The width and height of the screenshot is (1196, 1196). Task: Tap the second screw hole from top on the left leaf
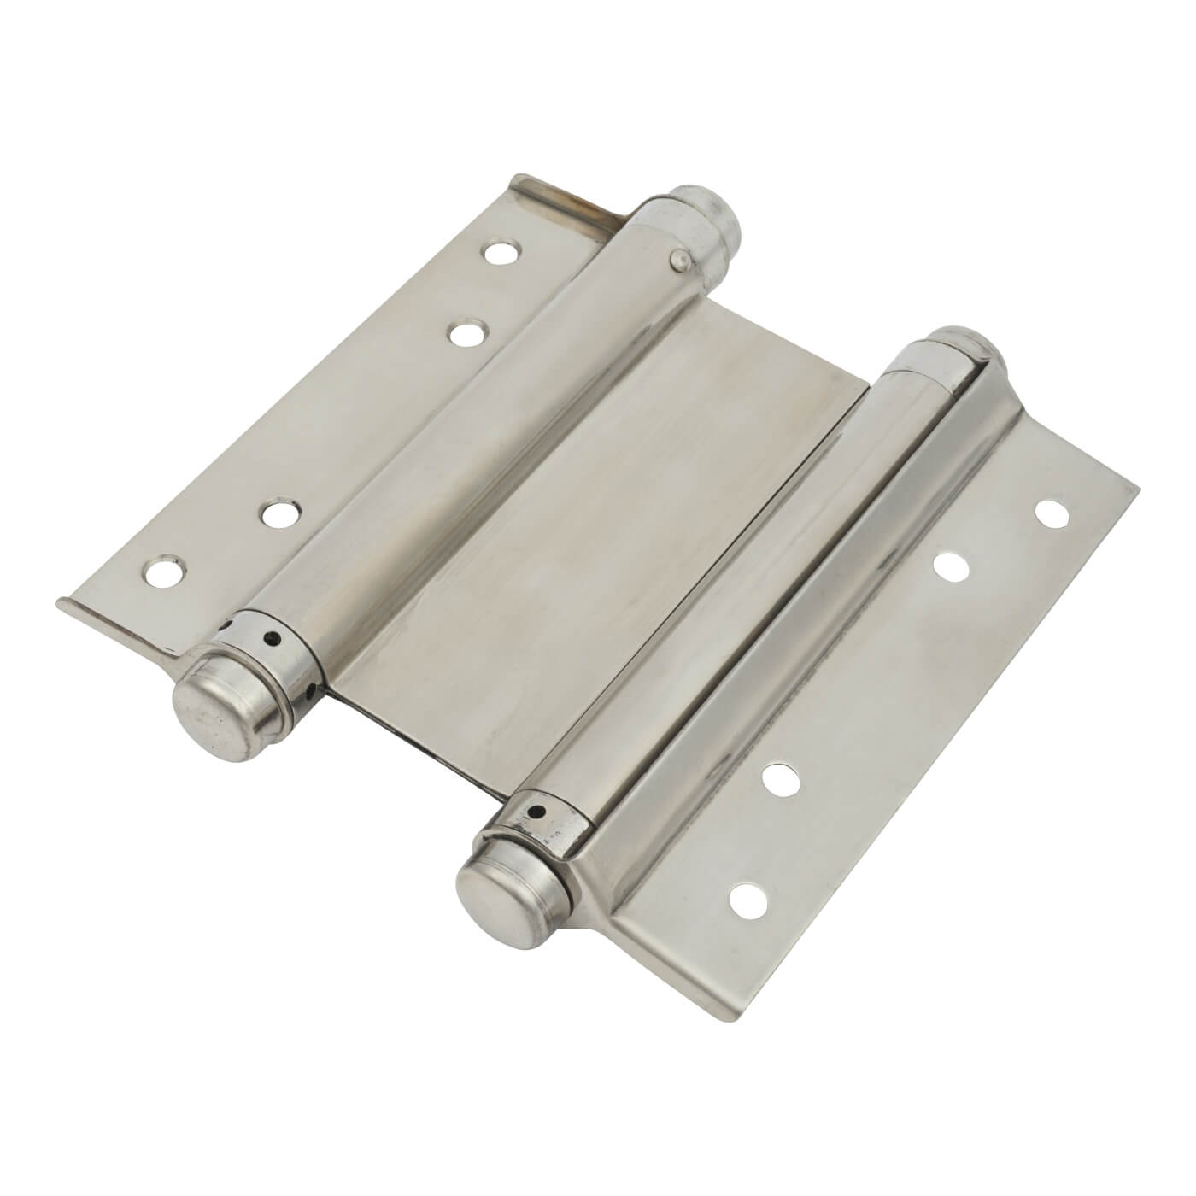pyautogui.click(x=465, y=332)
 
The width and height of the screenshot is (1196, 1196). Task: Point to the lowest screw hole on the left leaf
pyautogui.click(x=162, y=572)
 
